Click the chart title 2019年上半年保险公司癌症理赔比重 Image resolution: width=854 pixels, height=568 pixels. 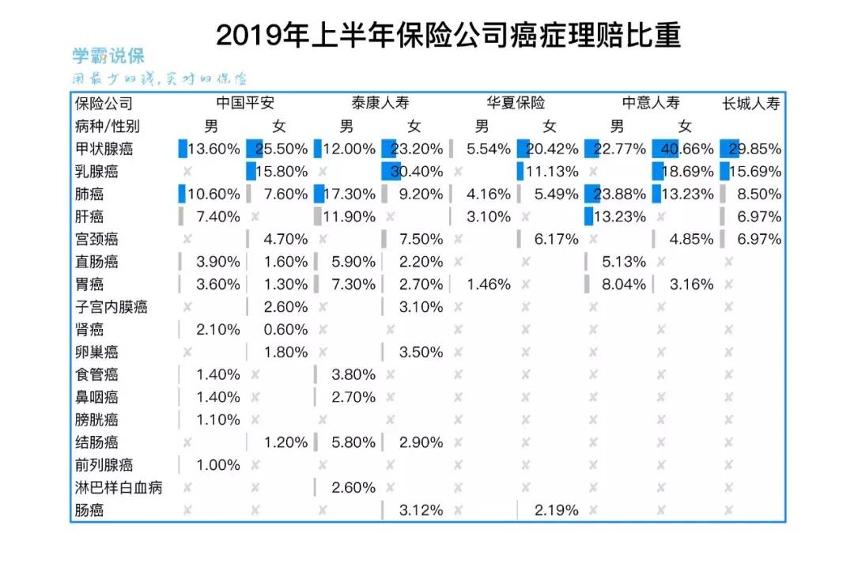point(448,36)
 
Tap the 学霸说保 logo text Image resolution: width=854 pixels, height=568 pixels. point(108,56)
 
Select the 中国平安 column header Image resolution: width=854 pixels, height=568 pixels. point(245,104)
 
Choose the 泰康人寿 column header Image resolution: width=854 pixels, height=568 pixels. point(380,104)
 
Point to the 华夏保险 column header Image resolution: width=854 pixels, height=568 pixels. point(516,104)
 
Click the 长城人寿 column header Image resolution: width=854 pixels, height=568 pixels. point(751,104)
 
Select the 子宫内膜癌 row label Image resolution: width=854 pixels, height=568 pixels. point(111,307)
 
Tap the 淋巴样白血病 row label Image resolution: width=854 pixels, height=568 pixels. point(118,487)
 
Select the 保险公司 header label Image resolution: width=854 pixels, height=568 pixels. point(104,104)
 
